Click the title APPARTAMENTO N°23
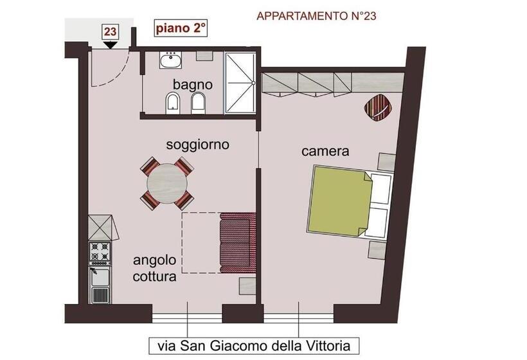pos(316,16)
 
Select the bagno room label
pos(192,84)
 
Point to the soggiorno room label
pos(197,145)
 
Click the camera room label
pos(325,152)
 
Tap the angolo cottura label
pos(155,270)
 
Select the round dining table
pos(167,184)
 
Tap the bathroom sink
pos(171,60)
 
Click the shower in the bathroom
pos(240,84)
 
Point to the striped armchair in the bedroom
pos(378,107)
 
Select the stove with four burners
pos(100,254)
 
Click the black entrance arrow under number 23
pos(111,44)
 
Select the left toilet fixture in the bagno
pos(172,102)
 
